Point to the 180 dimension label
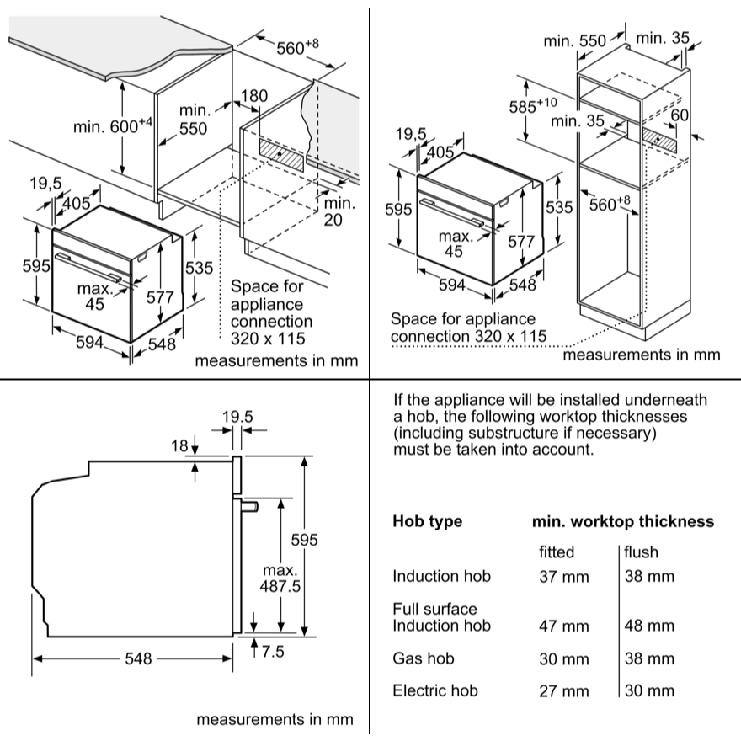click(253, 96)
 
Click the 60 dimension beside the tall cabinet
click(680, 115)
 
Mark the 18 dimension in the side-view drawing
click(180, 445)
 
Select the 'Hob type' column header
click(427, 521)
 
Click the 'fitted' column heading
click(557, 552)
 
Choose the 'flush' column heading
click(642, 552)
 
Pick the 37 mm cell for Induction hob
click(563, 578)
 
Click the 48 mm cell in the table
click(649, 626)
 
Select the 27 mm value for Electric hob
click(563, 690)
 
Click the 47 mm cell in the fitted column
click(563, 626)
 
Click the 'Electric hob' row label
click(434, 690)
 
